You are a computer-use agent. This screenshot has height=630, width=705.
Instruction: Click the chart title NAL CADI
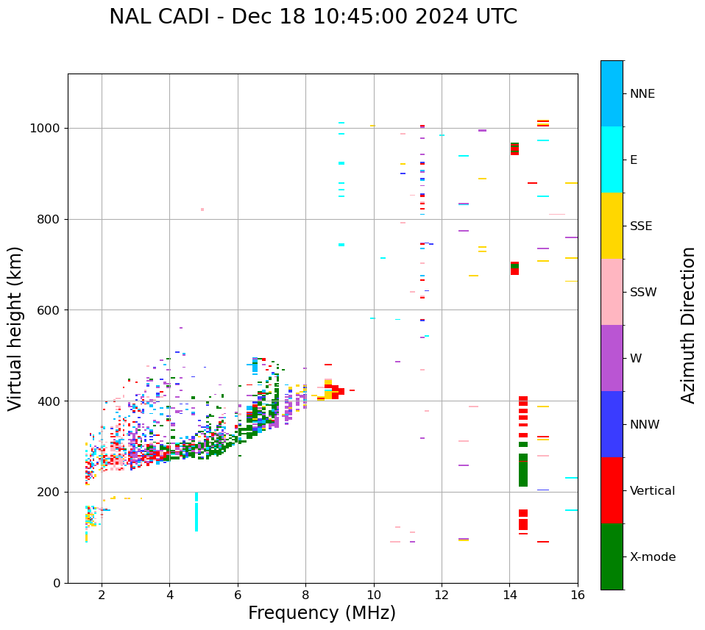click(313, 17)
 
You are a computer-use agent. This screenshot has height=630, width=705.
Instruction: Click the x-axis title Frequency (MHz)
click(322, 613)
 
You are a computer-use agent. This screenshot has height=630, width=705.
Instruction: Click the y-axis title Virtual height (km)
click(15, 328)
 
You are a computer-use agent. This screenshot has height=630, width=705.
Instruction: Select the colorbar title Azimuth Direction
click(688, 325)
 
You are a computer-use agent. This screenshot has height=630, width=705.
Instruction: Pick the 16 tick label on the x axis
click(578, 594)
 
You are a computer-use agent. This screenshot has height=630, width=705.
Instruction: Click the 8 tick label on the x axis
click(305, 594)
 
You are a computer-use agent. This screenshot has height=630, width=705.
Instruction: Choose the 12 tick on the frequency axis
click(442, 594)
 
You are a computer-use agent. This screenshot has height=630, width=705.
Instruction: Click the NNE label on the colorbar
click(642, 94)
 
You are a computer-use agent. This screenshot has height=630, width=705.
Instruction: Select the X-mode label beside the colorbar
click(652, 557)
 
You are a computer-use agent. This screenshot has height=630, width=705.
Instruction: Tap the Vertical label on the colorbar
click(652, 491)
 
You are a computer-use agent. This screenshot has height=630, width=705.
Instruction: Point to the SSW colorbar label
click(643, 293)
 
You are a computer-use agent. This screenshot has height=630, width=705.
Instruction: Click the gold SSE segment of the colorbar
click(612, 226)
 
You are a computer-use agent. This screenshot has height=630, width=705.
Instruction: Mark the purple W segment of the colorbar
click(612, 358)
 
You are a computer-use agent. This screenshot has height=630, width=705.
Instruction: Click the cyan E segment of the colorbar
click(612, 160)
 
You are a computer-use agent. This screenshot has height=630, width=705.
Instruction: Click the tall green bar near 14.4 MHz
click(523, 470)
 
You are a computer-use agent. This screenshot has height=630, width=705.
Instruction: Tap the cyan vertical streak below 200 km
click(196, 512)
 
